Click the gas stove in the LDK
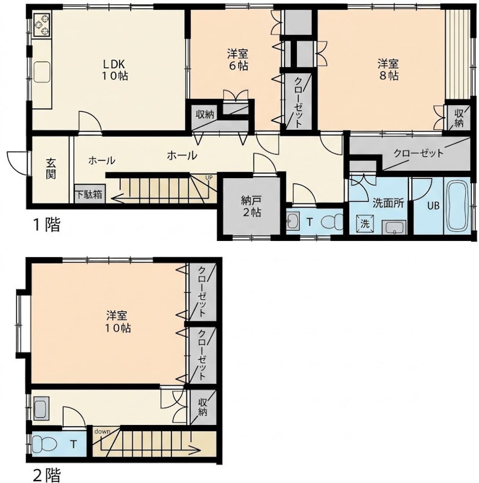42,25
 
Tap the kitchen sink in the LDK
42,72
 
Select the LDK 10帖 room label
115,70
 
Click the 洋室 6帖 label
238,60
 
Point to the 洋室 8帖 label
388,70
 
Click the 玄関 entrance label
51,168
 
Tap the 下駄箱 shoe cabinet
89,194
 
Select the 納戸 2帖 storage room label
251,206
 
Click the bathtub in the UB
457,205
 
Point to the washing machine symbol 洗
365,223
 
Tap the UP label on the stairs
209,178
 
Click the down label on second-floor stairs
102,431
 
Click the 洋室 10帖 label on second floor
118,322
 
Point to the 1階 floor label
46,224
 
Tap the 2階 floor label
46,475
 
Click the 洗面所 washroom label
388,203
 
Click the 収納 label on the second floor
202,407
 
